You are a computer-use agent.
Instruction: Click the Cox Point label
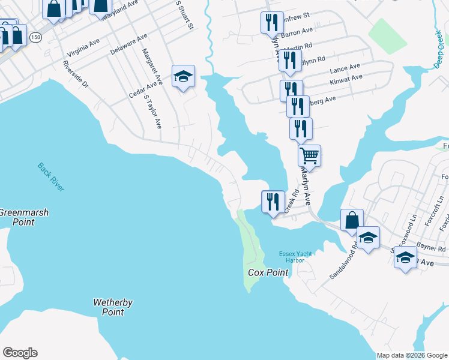[x=268, y=272]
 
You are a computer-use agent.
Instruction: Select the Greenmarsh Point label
[x=24, y=217]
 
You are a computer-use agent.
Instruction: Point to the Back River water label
[x=50, y=177]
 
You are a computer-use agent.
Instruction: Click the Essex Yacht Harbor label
[x=296, y=257]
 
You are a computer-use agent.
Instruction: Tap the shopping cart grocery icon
[x=309, y=155]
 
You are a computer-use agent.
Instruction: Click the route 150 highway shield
[x=35, y=37]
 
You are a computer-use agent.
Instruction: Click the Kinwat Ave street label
[x=346, y=78]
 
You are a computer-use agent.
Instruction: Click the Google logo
[x=20, y=353]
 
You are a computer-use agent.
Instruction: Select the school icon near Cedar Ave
[x=183, y=76]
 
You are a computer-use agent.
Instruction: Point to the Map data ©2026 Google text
[x=412, y=355]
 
